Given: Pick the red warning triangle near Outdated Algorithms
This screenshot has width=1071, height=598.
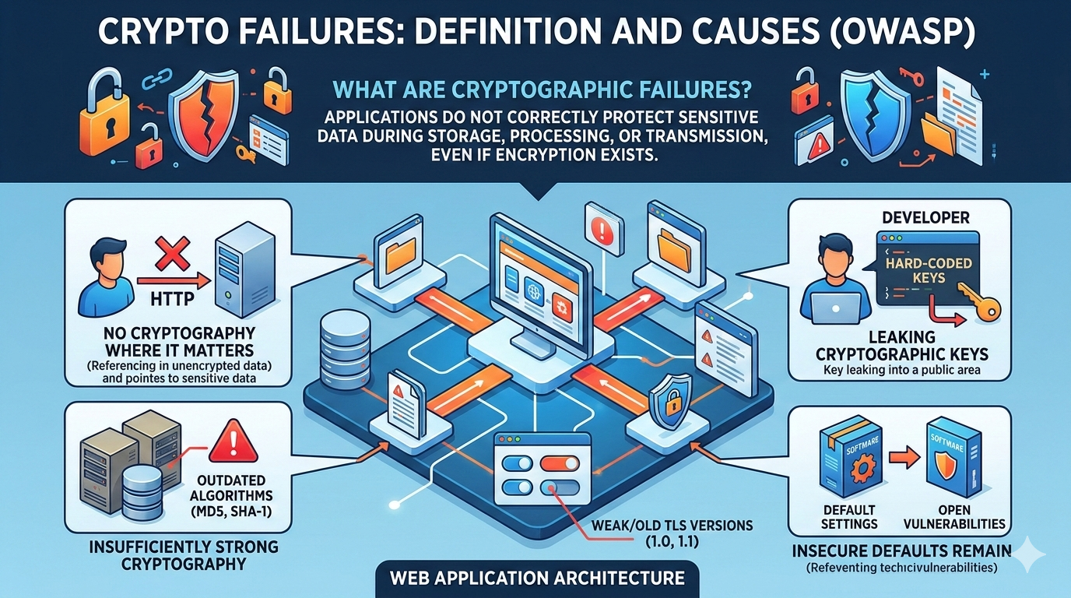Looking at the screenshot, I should [234, 441].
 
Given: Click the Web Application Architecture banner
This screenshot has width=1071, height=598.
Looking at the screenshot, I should [535, 579].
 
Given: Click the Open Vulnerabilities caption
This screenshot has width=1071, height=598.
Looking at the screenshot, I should [956, 515].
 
